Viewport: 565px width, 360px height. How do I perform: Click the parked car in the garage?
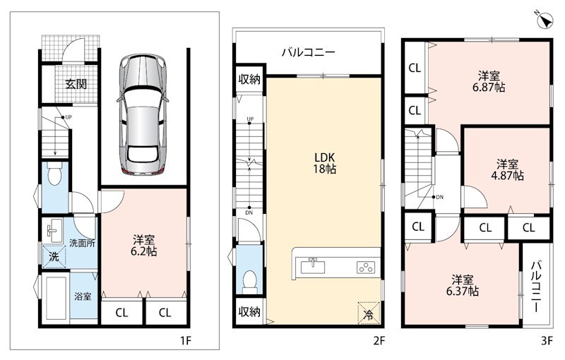point(143,114)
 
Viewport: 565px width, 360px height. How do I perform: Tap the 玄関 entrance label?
point(76,84)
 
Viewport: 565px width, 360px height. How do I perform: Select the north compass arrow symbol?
point(545,20)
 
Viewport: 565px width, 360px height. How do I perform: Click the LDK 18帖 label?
point(325,163)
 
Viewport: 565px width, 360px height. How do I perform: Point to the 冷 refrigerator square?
point(368,313)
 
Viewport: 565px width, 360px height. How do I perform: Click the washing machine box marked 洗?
point(54,256)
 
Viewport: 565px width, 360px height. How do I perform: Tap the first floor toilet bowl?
point(54,174)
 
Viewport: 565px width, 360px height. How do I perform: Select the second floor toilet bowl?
point(249,280)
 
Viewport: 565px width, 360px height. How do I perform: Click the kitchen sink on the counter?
point(313,266)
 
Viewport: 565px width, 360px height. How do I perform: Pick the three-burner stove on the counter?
point(366,268)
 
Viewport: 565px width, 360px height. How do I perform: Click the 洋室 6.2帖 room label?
point(144,246)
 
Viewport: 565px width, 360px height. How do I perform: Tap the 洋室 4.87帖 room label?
point(507,170)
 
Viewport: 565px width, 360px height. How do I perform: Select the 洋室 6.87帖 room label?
point(489,82)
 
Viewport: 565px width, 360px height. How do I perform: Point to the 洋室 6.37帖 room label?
point(463,285)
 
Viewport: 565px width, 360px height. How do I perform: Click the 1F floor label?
point(186,340)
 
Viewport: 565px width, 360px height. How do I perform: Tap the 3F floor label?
point(547,340)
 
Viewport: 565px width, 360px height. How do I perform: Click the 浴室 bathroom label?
point(83,296)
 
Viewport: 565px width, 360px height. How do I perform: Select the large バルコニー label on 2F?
point(309,52)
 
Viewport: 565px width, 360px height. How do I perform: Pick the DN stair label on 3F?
point(439,197)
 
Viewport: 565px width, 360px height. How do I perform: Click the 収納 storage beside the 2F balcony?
point(249,79)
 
